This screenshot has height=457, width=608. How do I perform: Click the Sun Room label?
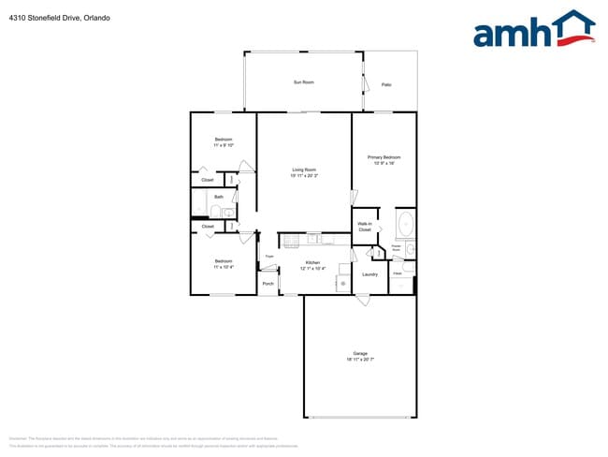click(x=303, y=82)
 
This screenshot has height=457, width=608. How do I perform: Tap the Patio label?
click(x=386, y=85)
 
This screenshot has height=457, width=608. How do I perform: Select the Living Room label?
click(x=304, y=170)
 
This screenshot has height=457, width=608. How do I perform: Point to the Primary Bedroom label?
click(x=384, y=156)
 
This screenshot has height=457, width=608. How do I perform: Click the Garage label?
click(x=360, y=353)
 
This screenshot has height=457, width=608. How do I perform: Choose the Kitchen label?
click(x=312, y=262)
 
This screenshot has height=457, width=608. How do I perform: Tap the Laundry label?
click(x=370, y=273)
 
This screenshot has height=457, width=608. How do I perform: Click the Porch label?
click(x=268, y=283)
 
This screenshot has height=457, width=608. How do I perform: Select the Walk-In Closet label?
click(x=365, y=227)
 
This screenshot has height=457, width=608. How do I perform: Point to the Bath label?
click(x=219, y=197)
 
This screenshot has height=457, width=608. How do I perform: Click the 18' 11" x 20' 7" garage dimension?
click(x=360, y=360)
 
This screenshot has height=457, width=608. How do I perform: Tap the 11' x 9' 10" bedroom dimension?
click(x=223, y=145)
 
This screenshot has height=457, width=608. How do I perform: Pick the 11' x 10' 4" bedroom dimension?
click(x=223, y=267)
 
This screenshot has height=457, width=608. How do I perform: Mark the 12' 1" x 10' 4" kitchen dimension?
click(x=312, y=269)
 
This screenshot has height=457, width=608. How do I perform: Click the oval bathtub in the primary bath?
click(x=405, y=225)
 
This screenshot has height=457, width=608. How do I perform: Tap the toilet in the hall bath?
click(x=214, y=213)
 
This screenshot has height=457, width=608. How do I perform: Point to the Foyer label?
click(x=268, y=256)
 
